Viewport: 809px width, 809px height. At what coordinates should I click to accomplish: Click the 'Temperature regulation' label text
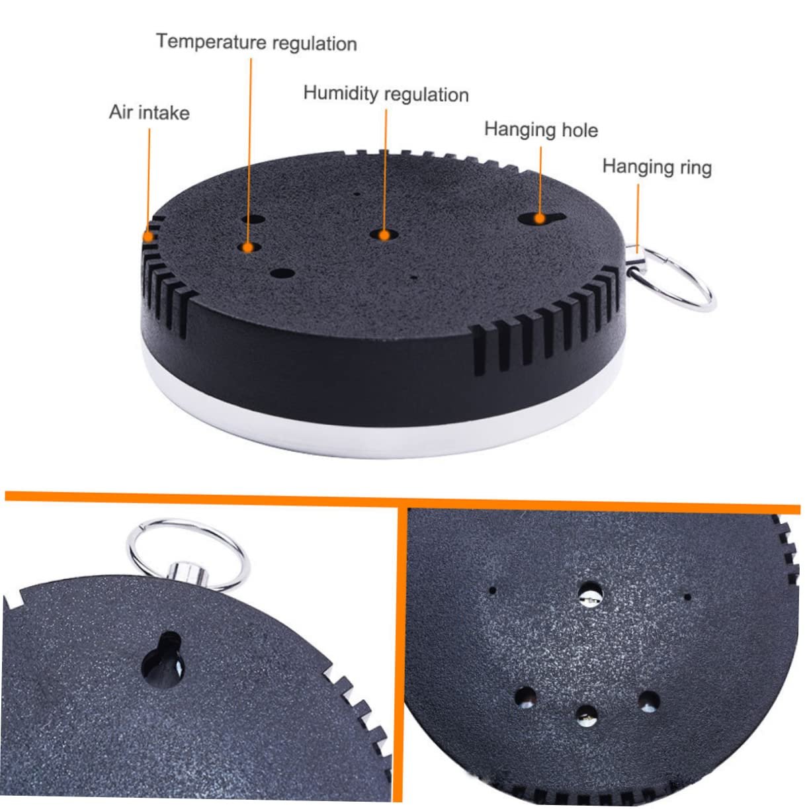coord(257,42)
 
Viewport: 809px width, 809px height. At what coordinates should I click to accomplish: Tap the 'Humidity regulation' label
coord(386,93)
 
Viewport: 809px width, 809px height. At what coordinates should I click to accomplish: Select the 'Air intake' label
coord(149,112)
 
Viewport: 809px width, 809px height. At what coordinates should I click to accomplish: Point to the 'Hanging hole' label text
coord(541,129)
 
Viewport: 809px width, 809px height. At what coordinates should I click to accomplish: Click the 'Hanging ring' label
coord(657,167)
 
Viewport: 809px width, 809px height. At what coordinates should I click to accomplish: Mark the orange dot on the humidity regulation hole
coord(384,235)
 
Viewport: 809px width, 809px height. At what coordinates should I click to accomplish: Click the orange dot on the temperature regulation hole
coord(248,247)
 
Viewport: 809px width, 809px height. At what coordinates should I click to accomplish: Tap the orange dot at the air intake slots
coord(148,236)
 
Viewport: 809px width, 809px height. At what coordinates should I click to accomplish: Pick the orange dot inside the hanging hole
coord(540,218)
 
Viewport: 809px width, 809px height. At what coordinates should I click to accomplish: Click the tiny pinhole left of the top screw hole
coord(493,590)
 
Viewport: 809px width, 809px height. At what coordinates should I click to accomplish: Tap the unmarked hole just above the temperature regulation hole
coord(253,219)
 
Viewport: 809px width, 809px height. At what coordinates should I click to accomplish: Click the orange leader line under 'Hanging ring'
coord(638,218)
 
